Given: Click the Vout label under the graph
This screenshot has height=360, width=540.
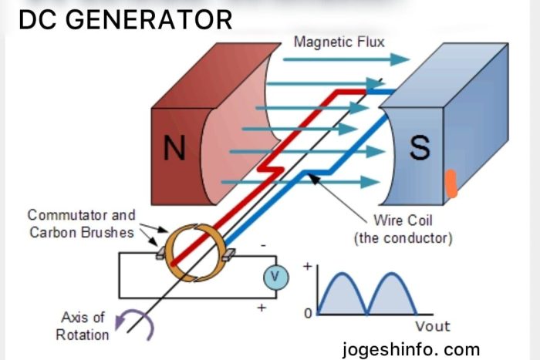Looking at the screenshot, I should point(432,326).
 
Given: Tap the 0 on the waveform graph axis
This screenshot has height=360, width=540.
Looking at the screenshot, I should point(308,314).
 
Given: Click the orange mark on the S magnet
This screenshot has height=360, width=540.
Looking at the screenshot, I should point(451,185).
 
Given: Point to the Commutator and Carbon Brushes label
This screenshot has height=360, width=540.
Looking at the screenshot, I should point(81,224).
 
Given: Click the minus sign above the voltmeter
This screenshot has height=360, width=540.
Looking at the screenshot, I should point(263,245).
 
